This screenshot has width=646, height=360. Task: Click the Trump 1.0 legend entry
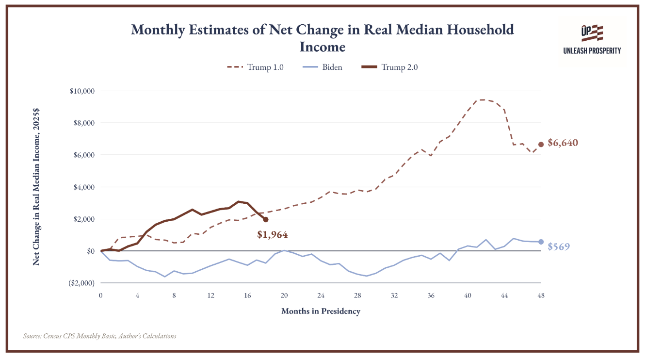255,67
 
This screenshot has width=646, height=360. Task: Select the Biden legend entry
323,67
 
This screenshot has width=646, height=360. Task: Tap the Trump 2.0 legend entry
389,67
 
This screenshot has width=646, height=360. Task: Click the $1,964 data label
273,234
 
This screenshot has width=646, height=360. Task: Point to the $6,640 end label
563,143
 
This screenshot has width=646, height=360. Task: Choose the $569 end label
559,246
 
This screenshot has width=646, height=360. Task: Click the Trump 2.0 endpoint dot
266,220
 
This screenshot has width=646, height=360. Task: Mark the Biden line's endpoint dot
541,242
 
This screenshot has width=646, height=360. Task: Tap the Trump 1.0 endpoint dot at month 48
541,145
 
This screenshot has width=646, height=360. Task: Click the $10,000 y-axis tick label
82,91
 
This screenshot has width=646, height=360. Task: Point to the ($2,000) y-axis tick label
81,283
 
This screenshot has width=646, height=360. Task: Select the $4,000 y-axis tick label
84,187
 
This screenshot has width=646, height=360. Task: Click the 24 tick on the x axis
321,295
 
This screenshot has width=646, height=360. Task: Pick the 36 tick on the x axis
431,295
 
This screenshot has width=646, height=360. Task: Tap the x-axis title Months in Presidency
321,311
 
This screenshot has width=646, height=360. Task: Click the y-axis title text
36,187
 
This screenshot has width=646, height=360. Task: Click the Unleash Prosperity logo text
592,51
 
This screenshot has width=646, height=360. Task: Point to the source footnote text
99,336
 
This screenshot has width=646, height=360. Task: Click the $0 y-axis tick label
91,251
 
